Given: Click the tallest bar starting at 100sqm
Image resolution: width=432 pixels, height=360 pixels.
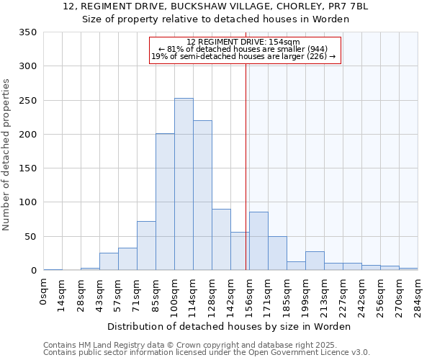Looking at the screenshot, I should [184, 184].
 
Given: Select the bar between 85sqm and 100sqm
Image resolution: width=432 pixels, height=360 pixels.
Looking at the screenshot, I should [165, 202].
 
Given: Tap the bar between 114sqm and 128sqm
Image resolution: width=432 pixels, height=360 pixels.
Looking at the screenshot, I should [202, 195].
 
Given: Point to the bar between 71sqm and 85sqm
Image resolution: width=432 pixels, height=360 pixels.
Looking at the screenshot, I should [146, 246].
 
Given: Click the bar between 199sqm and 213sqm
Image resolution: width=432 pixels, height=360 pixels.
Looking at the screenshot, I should [315, 261].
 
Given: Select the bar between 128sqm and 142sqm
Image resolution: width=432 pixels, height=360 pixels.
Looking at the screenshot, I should [221, 240].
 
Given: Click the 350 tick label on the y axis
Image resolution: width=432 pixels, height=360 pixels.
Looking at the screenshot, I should [27, 32].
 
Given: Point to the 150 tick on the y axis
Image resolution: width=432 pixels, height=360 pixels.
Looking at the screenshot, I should [27, 168].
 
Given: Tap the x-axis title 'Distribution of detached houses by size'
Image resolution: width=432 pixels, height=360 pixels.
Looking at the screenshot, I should [230, 326].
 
